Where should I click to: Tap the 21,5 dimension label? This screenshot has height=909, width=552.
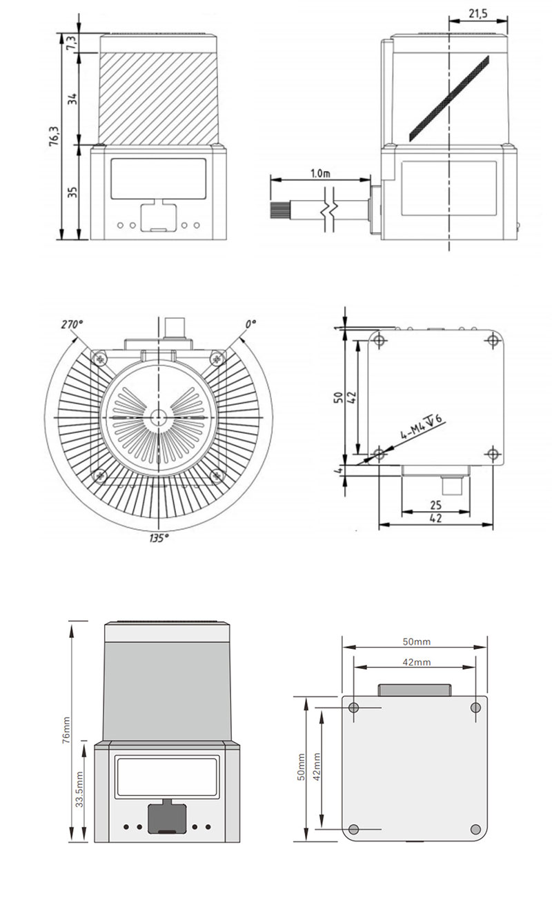click(x=475, y=13)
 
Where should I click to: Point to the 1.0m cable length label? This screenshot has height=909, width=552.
click(x=322, y=172)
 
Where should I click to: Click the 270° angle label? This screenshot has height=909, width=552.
click(x=71, y=324)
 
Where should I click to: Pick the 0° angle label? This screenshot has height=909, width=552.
click(x=249, y=323)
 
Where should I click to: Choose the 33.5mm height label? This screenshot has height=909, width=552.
click(x=80, y=789)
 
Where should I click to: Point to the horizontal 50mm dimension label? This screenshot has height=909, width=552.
click(x=416, y=641)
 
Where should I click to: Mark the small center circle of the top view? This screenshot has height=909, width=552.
click(x=158, y=418)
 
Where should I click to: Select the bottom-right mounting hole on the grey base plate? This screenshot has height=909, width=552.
click(x=475, y=828)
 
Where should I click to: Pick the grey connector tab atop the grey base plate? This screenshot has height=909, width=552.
click(x=414, y=690)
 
